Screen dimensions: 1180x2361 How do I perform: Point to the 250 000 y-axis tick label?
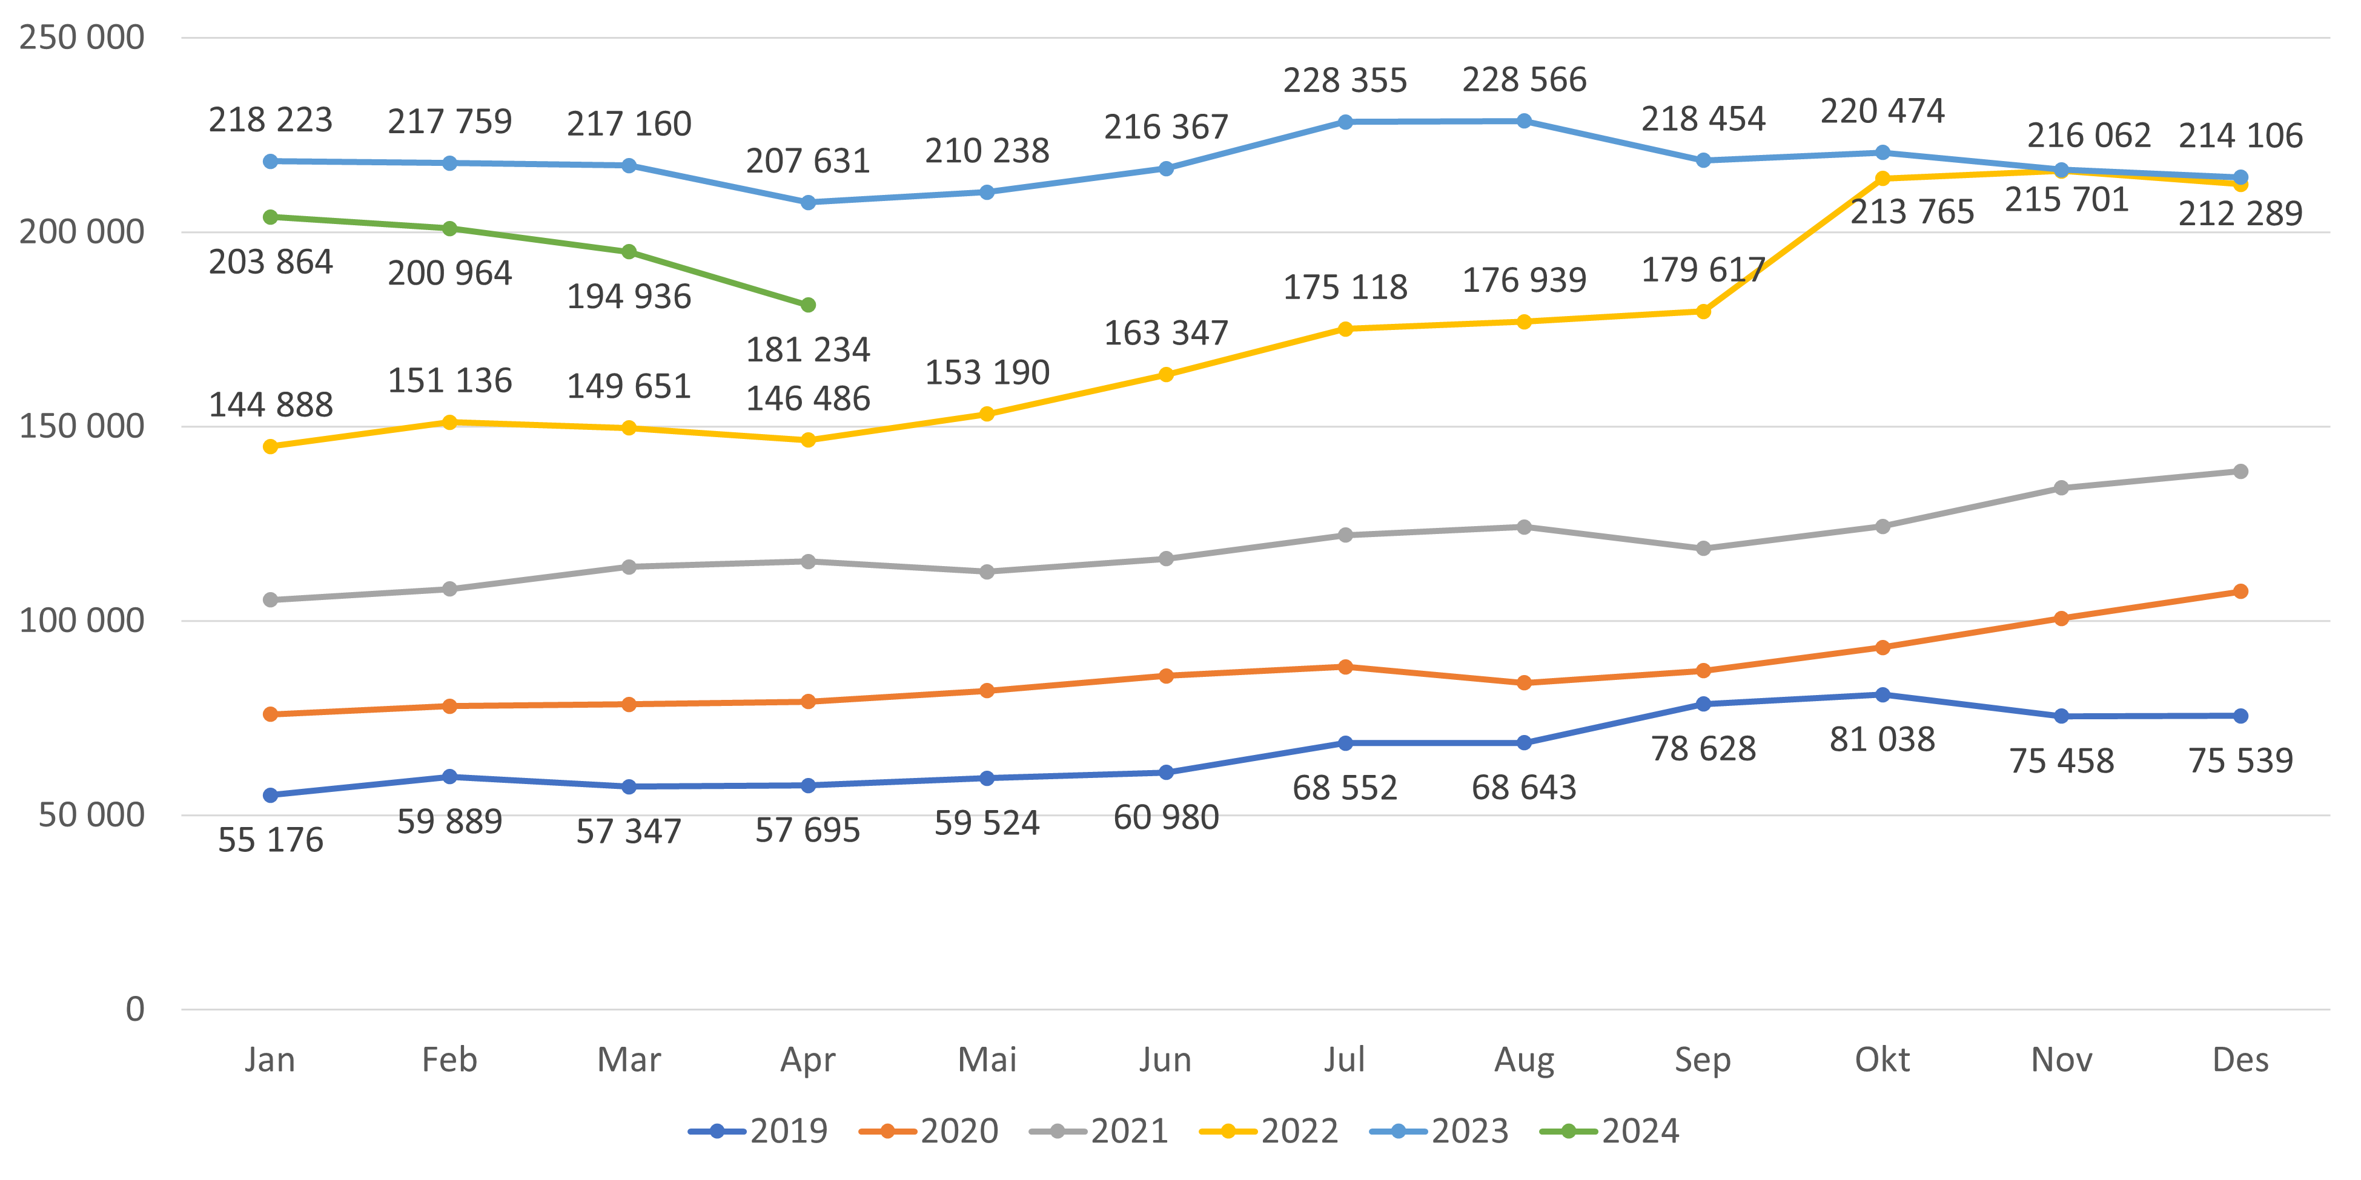point(82,38)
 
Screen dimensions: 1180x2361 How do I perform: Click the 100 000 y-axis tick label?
point(82,620)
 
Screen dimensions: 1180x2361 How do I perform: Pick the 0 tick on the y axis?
point(134,1009)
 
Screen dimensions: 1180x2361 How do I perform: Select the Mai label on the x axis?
point(987,1060)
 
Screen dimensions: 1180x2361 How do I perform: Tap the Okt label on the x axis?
point(1882,1060)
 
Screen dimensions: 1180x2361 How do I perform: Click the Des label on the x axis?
point(2240,1060)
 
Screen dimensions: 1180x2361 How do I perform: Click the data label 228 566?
point(1523,80)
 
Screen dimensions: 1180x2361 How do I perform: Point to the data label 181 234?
point(807,349)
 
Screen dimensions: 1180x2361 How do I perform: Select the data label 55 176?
point(270,840)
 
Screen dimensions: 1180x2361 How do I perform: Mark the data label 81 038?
point(1882,739)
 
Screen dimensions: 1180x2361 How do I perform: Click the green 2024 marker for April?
point(807,305)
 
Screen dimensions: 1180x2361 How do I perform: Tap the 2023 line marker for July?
point(1345,122)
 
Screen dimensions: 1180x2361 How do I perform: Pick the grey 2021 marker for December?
point(2240,471)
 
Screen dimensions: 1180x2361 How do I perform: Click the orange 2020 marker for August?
point(1523,682)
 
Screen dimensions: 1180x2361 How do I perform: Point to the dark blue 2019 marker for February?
point(449,777)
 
